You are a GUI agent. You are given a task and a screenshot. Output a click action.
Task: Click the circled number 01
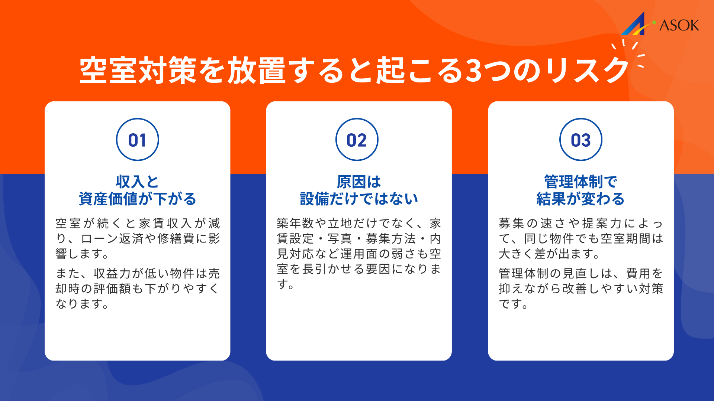(137, 140)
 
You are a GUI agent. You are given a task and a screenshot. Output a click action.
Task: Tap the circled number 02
(357, 140)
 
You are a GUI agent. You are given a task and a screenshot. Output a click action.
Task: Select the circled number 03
(580, 140)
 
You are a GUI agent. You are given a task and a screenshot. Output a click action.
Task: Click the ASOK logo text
(679, 25)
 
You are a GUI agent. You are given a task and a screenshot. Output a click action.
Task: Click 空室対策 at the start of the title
(138, 71)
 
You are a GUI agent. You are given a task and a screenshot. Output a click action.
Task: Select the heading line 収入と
(137, 182)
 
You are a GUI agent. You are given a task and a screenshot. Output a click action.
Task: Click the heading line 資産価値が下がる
(137, 199)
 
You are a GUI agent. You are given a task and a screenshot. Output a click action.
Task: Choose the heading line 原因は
(359, 182)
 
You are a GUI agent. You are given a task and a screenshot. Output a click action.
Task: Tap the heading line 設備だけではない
(359, 199)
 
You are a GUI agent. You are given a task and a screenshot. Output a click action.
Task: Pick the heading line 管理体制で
(580, 182)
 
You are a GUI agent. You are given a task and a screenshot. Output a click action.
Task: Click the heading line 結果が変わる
(580, 199)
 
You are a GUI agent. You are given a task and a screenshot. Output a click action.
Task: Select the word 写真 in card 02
(340, 239)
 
